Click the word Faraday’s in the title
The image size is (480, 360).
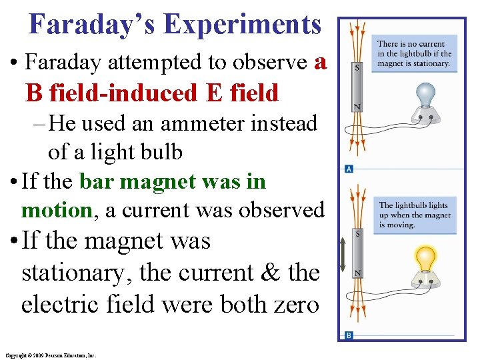point(91,25)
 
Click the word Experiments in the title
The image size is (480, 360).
point(243,25)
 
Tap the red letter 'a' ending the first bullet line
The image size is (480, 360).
point(320,62)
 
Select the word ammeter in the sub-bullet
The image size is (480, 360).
point(199,124)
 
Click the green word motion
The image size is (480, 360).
point(56,211)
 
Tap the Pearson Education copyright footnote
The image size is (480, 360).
point(50,355)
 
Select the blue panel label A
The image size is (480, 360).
point(349,169)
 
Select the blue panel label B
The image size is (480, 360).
point(349,335)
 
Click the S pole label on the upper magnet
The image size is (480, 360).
point(359,68)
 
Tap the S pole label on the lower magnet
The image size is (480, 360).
point(359,234)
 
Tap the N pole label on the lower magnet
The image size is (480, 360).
point(359,273)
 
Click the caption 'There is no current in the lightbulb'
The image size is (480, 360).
point(414,54)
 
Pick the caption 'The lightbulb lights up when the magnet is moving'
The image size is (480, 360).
point(414,215)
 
